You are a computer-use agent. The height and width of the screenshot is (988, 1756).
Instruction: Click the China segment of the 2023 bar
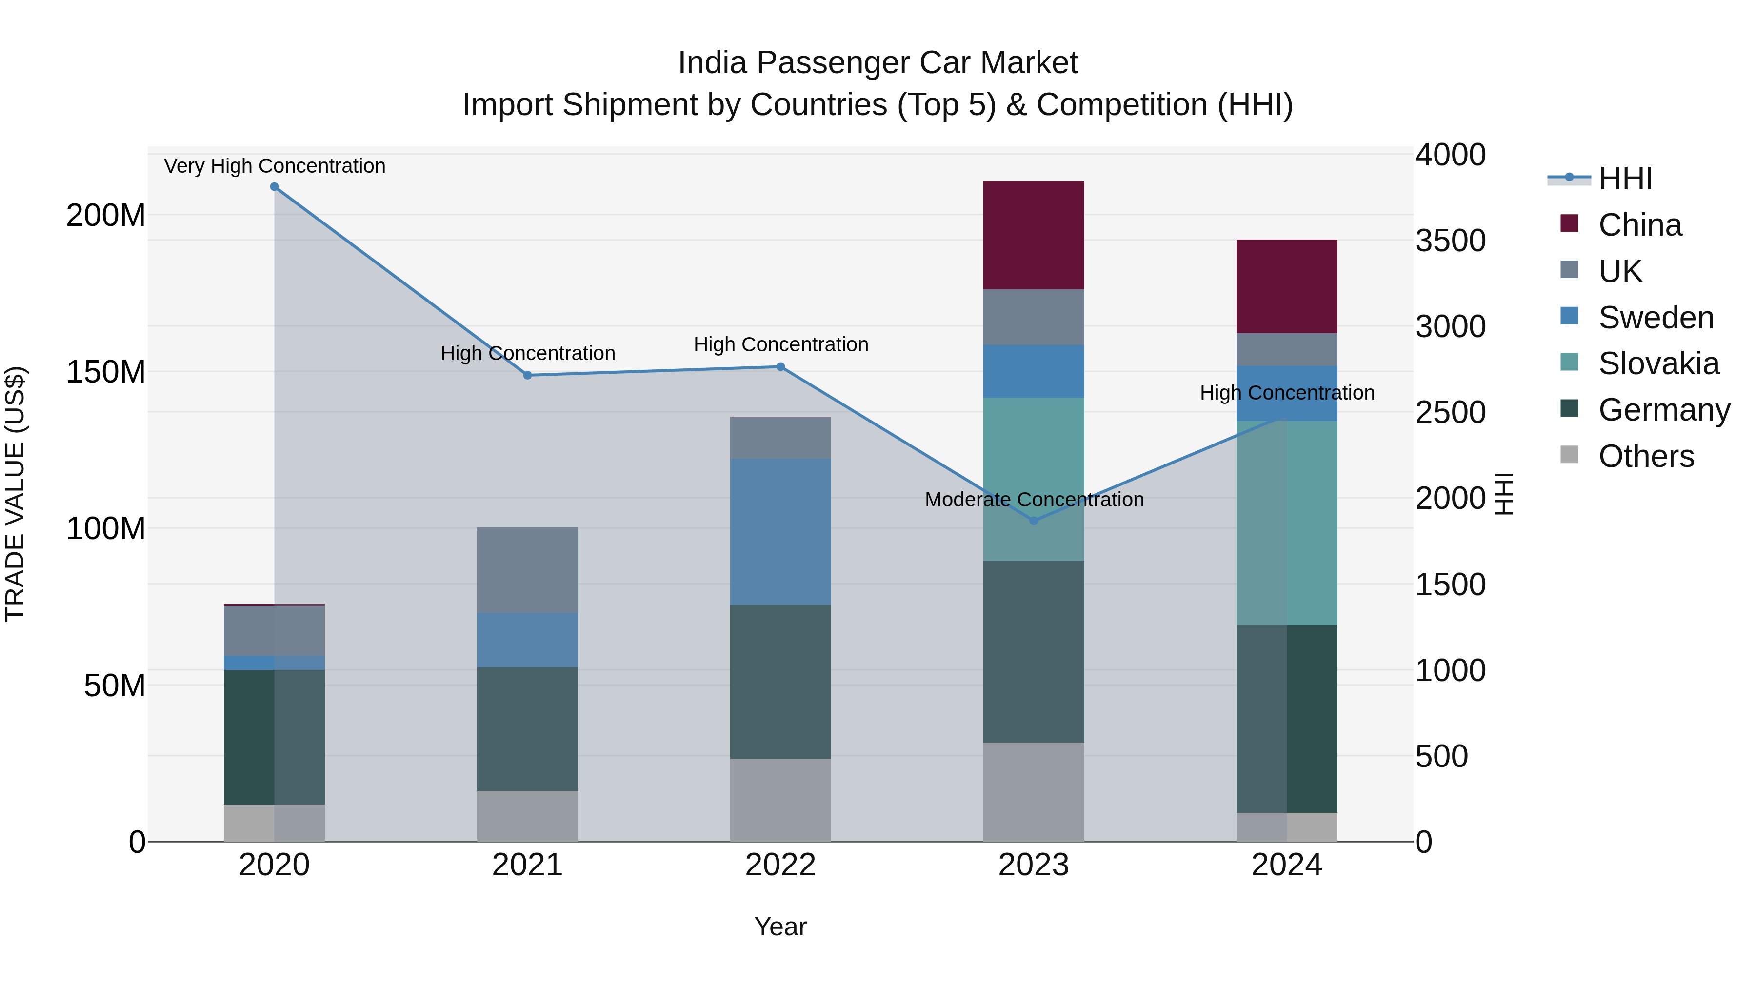tap(1034, 235)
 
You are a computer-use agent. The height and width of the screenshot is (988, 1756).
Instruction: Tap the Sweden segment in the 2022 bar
tap(780, 531)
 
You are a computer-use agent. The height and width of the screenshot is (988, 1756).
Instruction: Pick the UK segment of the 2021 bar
tap(527, 569)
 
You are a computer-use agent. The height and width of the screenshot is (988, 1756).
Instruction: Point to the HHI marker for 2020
tap(274, 186)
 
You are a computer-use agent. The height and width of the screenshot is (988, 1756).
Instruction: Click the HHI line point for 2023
tap(1034, 520)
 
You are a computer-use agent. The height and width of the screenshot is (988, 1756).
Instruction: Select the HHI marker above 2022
tap(780, 367)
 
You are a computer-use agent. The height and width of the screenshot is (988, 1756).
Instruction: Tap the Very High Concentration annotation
tap(275, 166)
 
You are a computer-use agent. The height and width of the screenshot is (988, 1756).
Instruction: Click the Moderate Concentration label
tap(1034, 499)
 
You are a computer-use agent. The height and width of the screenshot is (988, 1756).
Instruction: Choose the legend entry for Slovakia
tap(1658, 363)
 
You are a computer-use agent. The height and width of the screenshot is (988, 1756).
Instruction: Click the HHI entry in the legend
tap(1625, 179)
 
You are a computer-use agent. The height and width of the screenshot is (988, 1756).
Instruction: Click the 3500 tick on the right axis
tap(1450, 241)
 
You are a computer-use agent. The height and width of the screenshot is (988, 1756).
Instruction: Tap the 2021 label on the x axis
tap(527, 865)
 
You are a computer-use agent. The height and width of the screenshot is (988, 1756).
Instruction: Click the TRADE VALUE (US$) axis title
tap(15, 494)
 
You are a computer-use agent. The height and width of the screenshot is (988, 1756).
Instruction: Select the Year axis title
tap(780, 927)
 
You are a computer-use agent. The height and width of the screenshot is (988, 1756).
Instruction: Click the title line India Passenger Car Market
tap(878, 63)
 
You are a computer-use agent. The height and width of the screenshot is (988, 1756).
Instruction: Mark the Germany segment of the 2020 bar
tap(274, 736)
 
